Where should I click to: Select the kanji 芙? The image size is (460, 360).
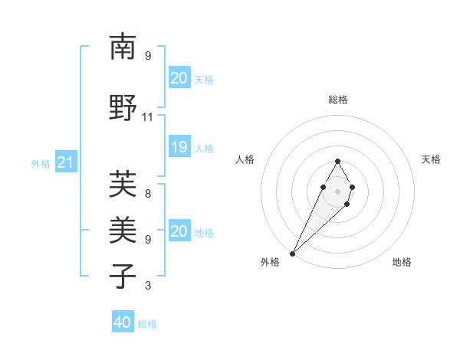123,184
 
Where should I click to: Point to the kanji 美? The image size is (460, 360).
123,229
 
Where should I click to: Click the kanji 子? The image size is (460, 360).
123,276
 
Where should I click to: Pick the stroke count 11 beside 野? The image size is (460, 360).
148,117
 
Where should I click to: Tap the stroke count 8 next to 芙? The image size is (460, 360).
148,193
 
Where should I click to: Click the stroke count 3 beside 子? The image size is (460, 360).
148,286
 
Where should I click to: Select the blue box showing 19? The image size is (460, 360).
179,147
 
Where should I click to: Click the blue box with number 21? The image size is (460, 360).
65,162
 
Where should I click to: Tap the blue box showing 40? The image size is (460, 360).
123,322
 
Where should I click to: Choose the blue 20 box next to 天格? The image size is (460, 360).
179,78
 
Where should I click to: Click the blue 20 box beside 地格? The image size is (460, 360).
179,231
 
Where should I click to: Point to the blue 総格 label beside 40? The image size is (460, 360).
147,323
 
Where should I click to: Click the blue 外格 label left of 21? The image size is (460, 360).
41,163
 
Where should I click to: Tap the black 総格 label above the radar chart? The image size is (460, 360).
338,100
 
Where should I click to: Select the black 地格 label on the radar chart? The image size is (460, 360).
402,262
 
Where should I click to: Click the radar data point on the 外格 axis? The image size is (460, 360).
292,253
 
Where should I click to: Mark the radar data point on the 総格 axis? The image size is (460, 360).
338,161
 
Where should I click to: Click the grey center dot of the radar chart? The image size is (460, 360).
338,191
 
